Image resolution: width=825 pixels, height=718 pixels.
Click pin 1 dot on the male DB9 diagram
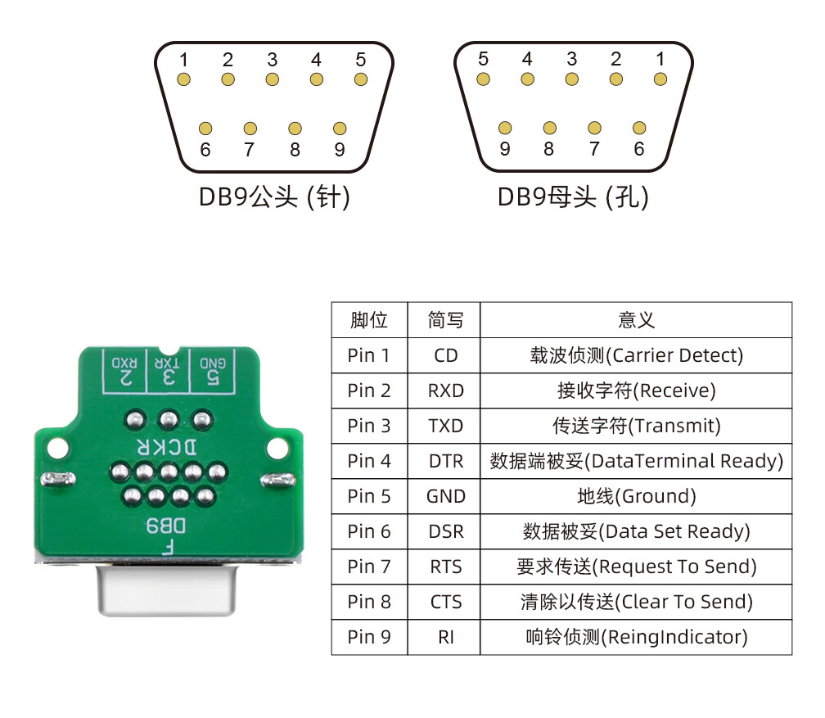(x=184, y=79)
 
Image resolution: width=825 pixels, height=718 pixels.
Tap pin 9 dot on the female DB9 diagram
(x=505, y=129)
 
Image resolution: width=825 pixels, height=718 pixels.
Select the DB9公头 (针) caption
(x=274, y=197)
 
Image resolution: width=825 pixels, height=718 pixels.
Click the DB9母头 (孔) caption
(x=573, y=197)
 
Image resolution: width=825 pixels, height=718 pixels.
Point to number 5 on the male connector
(x=360, y=60)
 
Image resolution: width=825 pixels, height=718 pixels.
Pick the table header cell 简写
(x=445, y=320)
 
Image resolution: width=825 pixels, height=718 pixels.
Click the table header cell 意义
(x=636, y=320)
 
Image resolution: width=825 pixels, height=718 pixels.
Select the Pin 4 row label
(x=369, y=461)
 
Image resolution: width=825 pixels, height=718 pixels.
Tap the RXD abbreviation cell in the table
(x=445, y=391)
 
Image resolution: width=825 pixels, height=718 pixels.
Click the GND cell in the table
(x=445, y=496)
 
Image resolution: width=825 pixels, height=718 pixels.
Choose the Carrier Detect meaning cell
(x=636, y=355)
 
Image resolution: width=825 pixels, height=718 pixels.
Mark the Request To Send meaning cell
(x=636, y=567)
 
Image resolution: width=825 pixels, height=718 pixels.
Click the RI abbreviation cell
(x=445, y=637)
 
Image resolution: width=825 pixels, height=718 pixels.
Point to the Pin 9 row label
(x=369, y=637)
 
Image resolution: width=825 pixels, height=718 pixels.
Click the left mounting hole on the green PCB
(x=56, y=447)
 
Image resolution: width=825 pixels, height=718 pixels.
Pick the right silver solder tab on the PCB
(x=273, y=478)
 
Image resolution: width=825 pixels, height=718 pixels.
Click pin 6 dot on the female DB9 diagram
(x=639, y=129)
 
